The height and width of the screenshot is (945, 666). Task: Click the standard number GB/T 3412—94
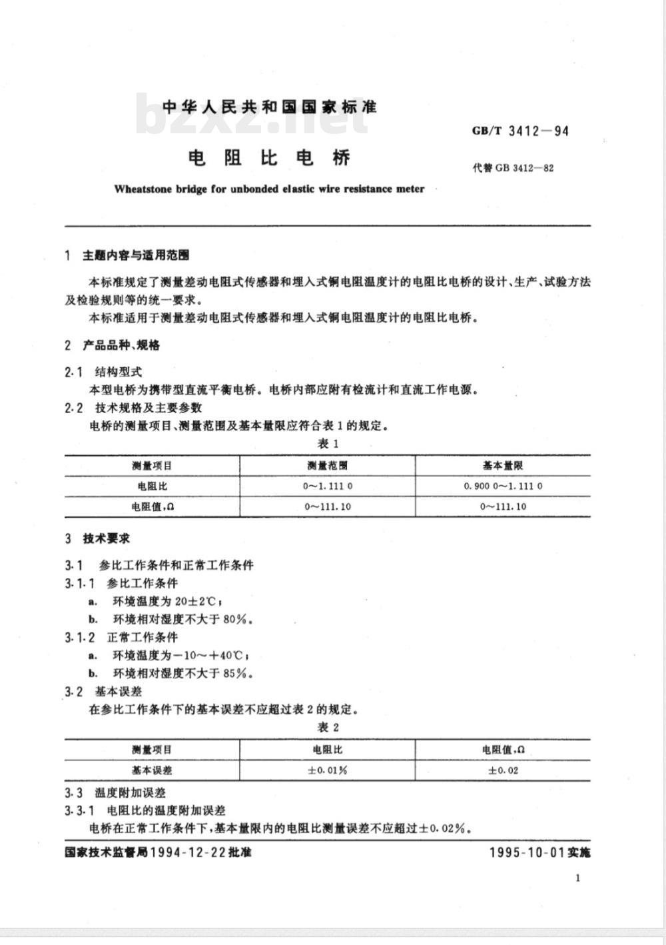click(x=520, y=131)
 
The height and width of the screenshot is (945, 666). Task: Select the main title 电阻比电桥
click(x=269, y=158)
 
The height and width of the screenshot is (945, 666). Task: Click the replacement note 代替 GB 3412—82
click(x=513, y=167)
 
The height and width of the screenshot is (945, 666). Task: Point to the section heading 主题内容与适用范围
click(x=136, y=255)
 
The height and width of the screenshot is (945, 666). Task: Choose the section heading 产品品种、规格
click(x=121, y=345)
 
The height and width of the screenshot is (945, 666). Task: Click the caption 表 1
click(x=328, y=444)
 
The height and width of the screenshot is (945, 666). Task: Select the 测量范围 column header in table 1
click(x=327, y=466)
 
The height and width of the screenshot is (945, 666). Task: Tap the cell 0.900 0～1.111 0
click(x=503, y=486)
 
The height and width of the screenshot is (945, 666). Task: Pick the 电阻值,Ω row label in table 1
click(x=153, y=506)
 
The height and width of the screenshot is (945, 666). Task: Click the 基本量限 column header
click(x=503, y=466)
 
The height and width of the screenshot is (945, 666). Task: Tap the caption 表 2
click(x=328, y=727)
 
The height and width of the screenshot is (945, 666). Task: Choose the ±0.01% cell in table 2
click(x=327, y=770)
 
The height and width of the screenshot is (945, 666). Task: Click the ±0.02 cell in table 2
click(x=503, y=770)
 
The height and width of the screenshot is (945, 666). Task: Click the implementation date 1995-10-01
click(x=527, y=852)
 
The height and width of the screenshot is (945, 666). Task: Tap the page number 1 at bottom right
click(x=577, y=878)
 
